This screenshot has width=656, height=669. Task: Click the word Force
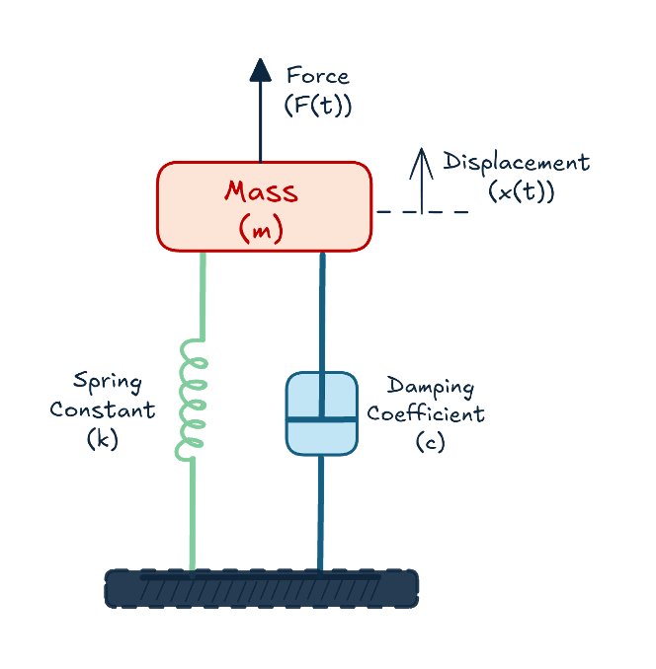[317, 75]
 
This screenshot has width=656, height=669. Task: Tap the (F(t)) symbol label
[317, 104]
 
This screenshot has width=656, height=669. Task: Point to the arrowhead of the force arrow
[261, 70]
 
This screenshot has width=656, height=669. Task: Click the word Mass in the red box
[261, 190]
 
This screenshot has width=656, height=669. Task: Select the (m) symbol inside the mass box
[261, 229]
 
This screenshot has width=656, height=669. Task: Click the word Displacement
[516, 162]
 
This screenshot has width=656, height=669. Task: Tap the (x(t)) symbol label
[521, 191]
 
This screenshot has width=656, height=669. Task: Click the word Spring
[108, 381]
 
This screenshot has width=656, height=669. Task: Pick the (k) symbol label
[103, 439]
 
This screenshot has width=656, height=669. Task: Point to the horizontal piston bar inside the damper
[321, 419]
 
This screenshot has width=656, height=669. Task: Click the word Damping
[430, 386]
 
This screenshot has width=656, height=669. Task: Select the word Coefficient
[426, 413]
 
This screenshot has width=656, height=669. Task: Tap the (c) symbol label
[430, 442]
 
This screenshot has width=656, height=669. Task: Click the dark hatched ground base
[261, 588]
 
